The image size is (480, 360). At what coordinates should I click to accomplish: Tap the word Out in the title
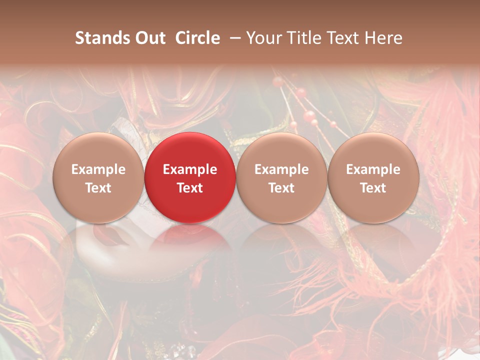coord(149,38)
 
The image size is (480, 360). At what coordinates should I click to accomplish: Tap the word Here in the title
coord(385,38)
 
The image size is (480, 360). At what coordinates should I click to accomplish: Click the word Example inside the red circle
coord(190,169)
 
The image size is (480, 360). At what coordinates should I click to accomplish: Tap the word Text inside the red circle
coord(190,188)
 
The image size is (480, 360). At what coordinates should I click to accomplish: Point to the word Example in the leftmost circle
coord(98,169)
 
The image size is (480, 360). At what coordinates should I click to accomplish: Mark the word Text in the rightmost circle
coord(373,188)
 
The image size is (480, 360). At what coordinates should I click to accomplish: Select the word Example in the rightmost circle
coord(373,169)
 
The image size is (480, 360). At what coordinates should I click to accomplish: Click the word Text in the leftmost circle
coord(98,188)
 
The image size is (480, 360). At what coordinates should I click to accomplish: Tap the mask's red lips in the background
coord(111,235)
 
